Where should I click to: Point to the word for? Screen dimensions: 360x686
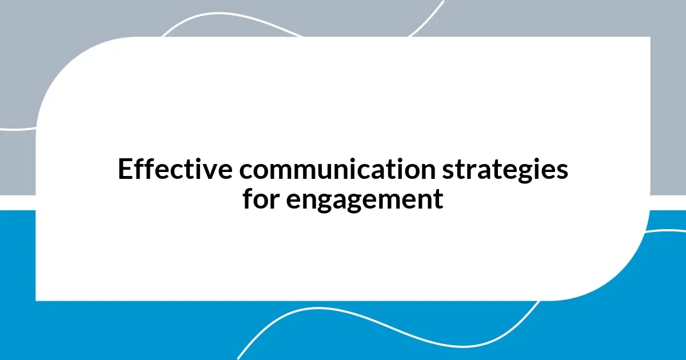tap(261, 199)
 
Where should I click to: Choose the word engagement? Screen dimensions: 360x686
tap(364, 200)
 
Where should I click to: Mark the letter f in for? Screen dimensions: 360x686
tap(248, 198)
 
